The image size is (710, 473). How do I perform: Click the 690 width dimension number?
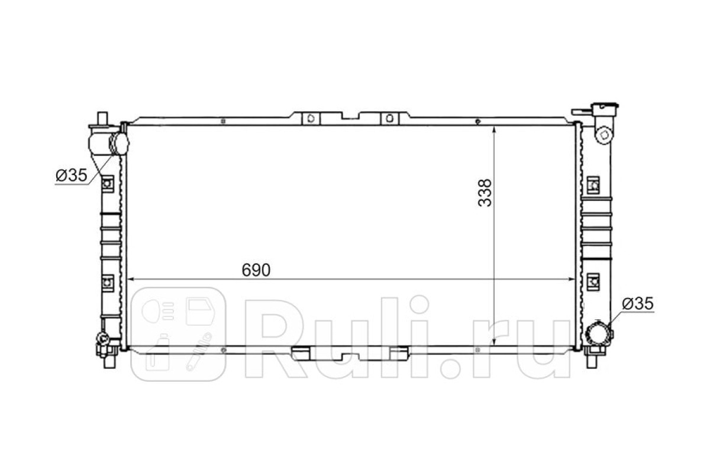point(256,270)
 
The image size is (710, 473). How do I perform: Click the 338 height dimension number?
point(485,193)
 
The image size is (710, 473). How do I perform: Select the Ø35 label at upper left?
point(72,175)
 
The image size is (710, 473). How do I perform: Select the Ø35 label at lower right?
point(638,303)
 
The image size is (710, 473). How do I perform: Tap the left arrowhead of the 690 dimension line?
point(130,279)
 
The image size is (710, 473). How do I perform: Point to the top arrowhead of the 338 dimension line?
point(494,129)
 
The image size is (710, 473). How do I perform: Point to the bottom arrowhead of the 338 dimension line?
point(494,342)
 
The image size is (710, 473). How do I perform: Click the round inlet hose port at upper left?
point(119,144)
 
